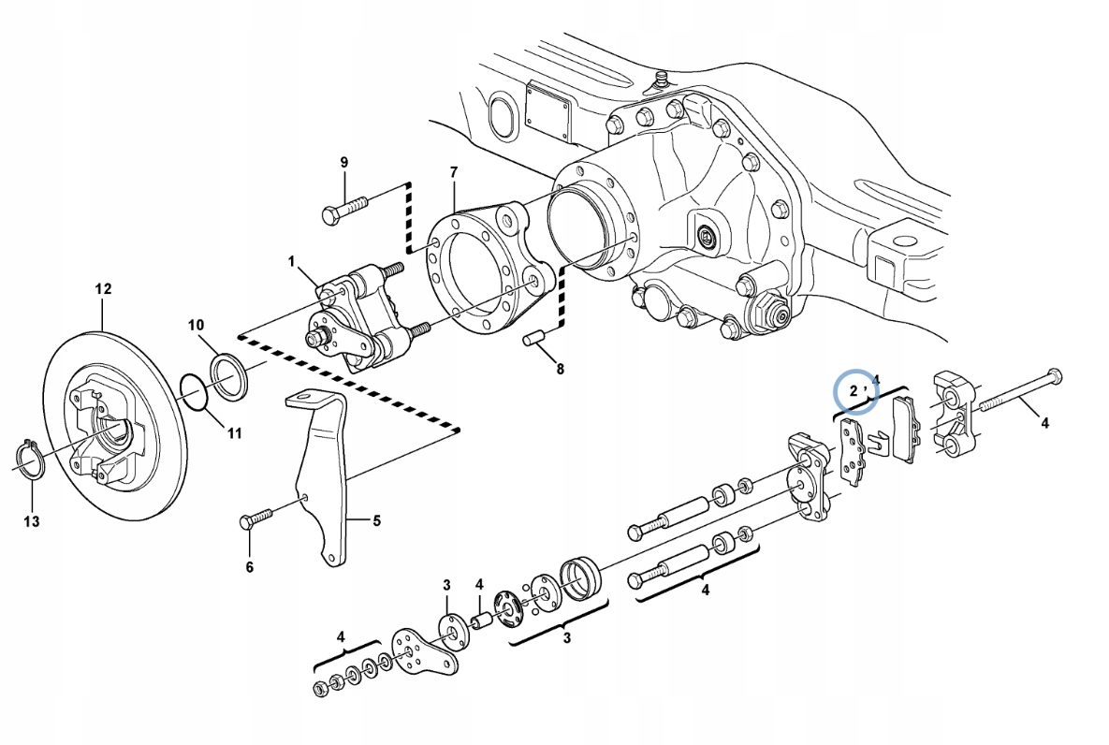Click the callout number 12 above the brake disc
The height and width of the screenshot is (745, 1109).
pos(103,289)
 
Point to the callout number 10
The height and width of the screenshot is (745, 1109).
pos(196,326)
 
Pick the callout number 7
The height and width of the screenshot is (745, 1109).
pos(454,172)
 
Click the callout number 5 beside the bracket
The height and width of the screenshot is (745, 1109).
pos(377,521)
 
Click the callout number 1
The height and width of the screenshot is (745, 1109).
pos(291,260)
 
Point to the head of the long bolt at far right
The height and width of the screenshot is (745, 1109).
pos(1056,376)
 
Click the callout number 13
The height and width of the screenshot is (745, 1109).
pos(32,521)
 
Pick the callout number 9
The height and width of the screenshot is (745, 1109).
pos(343,163)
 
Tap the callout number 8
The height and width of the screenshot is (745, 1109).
pos(560,369)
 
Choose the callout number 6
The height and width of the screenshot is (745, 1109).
pos(249,566)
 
